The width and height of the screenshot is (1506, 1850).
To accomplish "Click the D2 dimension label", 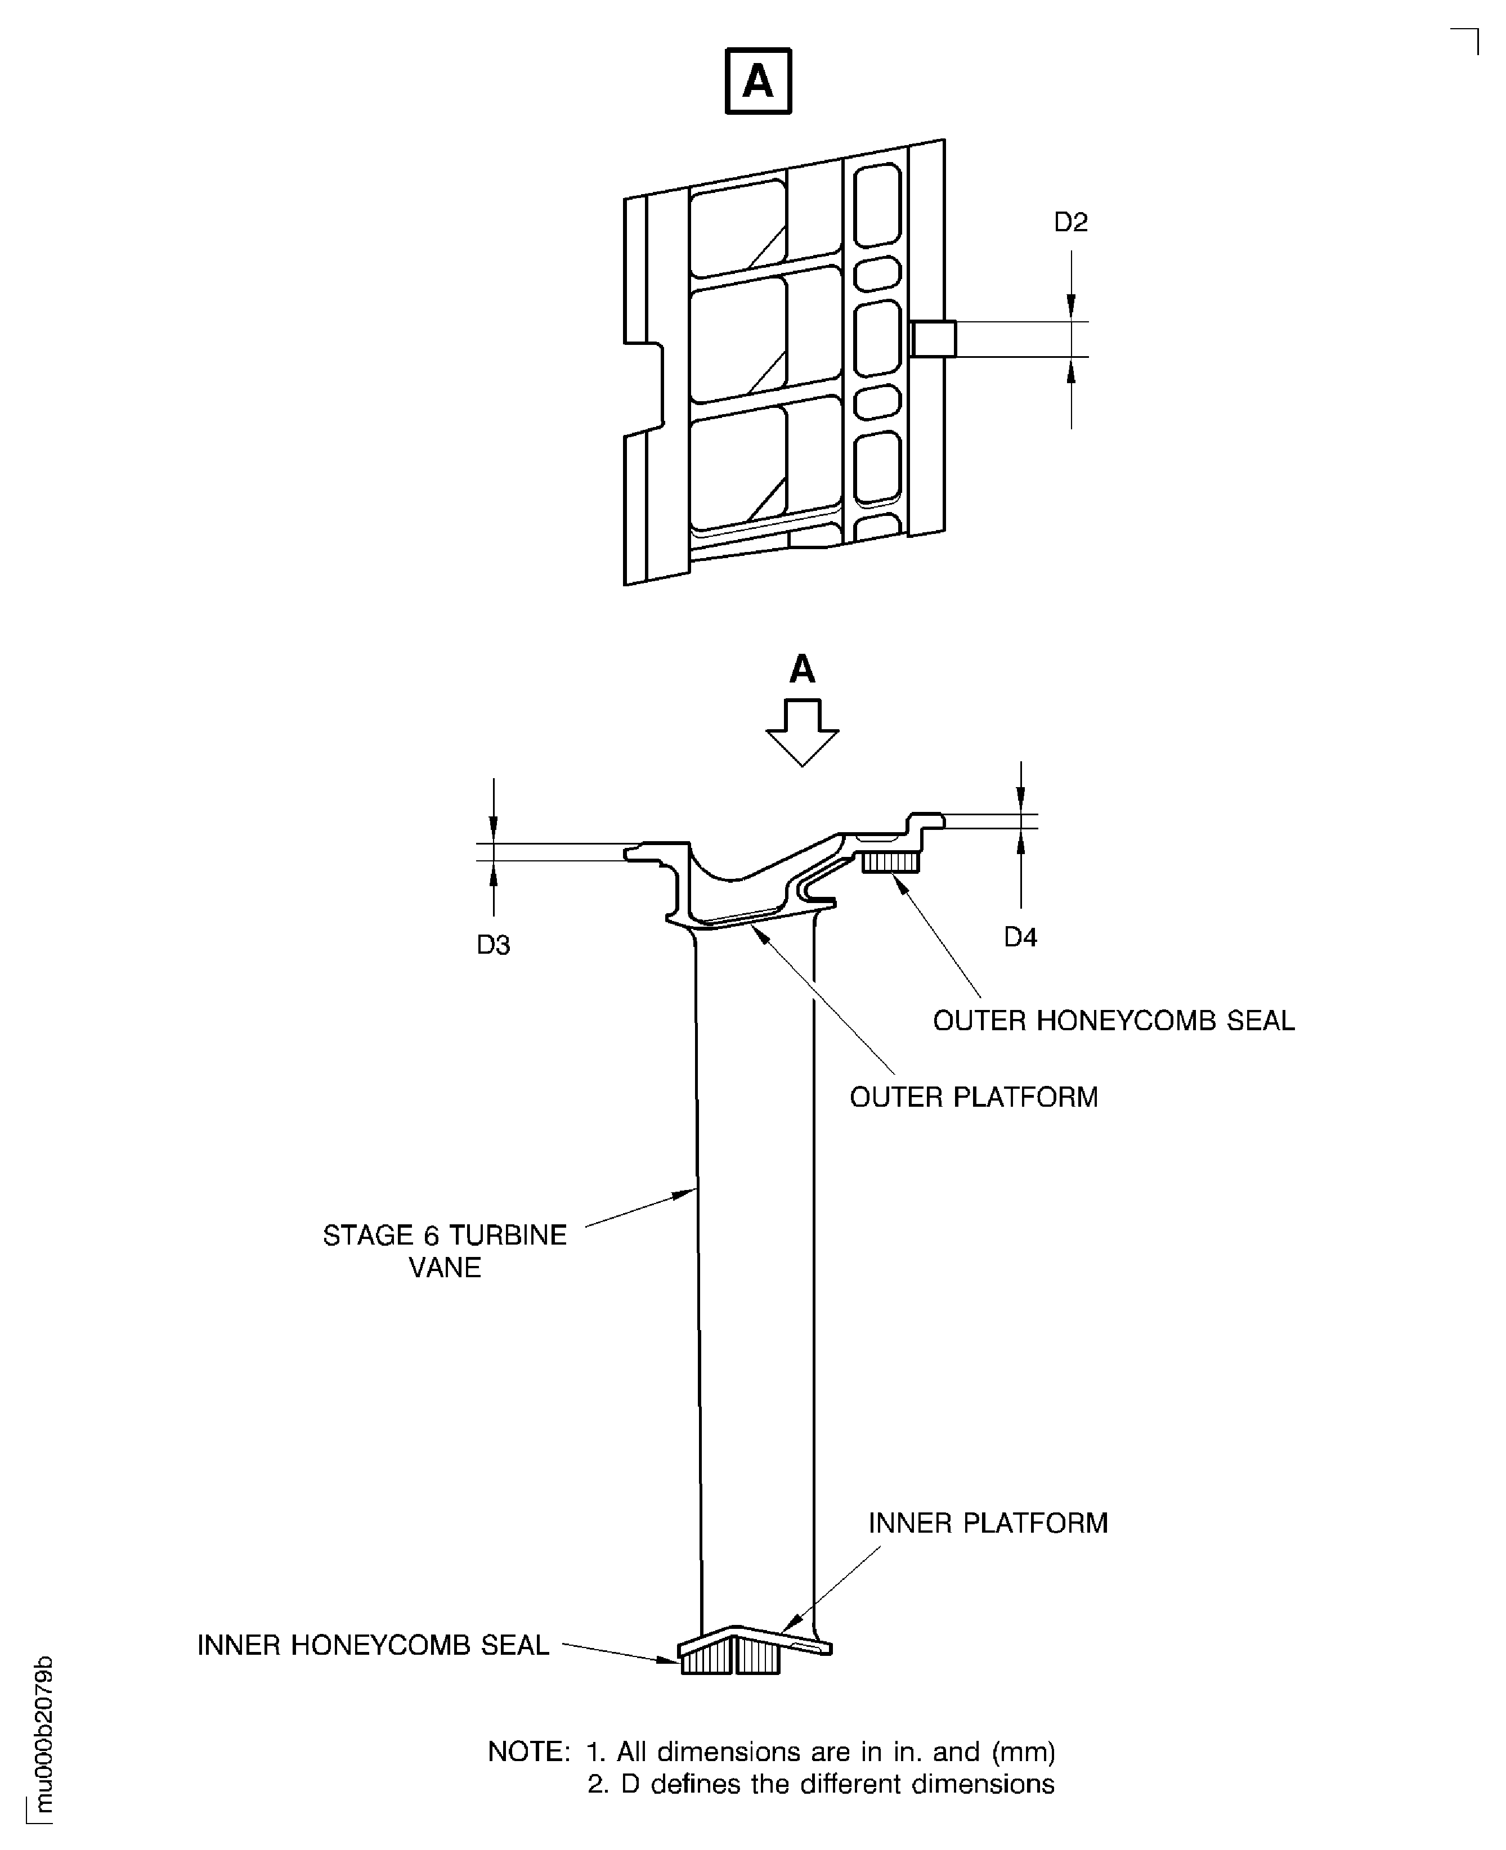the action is coord(1070,223).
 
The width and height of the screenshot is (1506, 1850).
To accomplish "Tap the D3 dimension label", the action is coord(494,945).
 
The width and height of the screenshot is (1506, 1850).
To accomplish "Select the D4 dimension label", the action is coord(1020,937).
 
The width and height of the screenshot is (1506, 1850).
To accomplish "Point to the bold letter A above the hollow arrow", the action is coord(803,668).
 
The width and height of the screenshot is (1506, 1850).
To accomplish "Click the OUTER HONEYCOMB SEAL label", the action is coord(1114,1021).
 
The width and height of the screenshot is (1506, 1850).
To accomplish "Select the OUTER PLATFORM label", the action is coord(974,1097).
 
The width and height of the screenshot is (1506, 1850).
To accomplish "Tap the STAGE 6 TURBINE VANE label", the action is coord(445,1251).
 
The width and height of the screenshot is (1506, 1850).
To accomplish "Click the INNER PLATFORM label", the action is coord(988,1523).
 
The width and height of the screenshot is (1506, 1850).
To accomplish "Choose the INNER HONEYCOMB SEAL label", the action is coord(373,1645).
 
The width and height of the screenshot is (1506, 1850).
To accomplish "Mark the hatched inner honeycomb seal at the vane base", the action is coord(730,1658).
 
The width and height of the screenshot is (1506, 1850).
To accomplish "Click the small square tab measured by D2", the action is coord(934,339).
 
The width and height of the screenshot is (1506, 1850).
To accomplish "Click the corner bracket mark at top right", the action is coord(1465,41).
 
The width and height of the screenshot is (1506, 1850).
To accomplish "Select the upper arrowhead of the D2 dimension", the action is coord(1072,306).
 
